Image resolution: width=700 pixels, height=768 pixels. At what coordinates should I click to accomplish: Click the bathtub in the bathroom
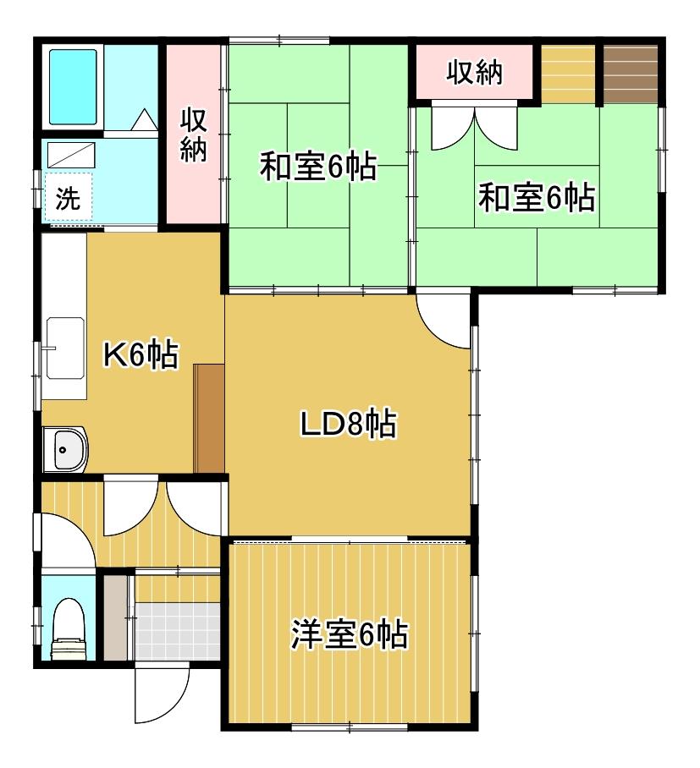73,86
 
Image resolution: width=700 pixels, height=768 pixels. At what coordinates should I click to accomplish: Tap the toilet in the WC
69,629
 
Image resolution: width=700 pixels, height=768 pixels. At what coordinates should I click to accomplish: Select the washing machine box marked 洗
68,196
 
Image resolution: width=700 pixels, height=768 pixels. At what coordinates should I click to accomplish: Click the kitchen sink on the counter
65,348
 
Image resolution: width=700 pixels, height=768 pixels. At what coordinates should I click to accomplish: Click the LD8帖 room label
348,423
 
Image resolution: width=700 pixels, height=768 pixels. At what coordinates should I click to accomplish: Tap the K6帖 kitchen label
141,354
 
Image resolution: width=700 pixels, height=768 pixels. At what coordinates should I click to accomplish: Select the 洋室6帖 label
350,634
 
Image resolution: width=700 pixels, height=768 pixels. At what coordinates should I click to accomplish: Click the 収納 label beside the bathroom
194,134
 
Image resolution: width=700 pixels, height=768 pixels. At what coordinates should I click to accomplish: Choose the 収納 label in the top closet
474,73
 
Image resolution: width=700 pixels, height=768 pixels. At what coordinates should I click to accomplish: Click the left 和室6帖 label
318,167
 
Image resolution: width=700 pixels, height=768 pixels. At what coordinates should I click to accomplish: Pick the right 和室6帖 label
537,197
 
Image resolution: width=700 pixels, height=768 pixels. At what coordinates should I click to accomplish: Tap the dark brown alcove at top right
631,74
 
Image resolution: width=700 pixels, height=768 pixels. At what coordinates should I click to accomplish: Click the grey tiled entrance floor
178,631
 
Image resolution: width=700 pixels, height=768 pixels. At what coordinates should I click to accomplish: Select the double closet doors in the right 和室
475,126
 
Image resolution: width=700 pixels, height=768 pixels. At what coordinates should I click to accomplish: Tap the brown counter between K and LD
209,419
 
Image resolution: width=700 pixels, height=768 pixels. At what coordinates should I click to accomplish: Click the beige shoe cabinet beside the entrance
116,617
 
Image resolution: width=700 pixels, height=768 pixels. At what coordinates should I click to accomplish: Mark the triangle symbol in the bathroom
145,120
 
